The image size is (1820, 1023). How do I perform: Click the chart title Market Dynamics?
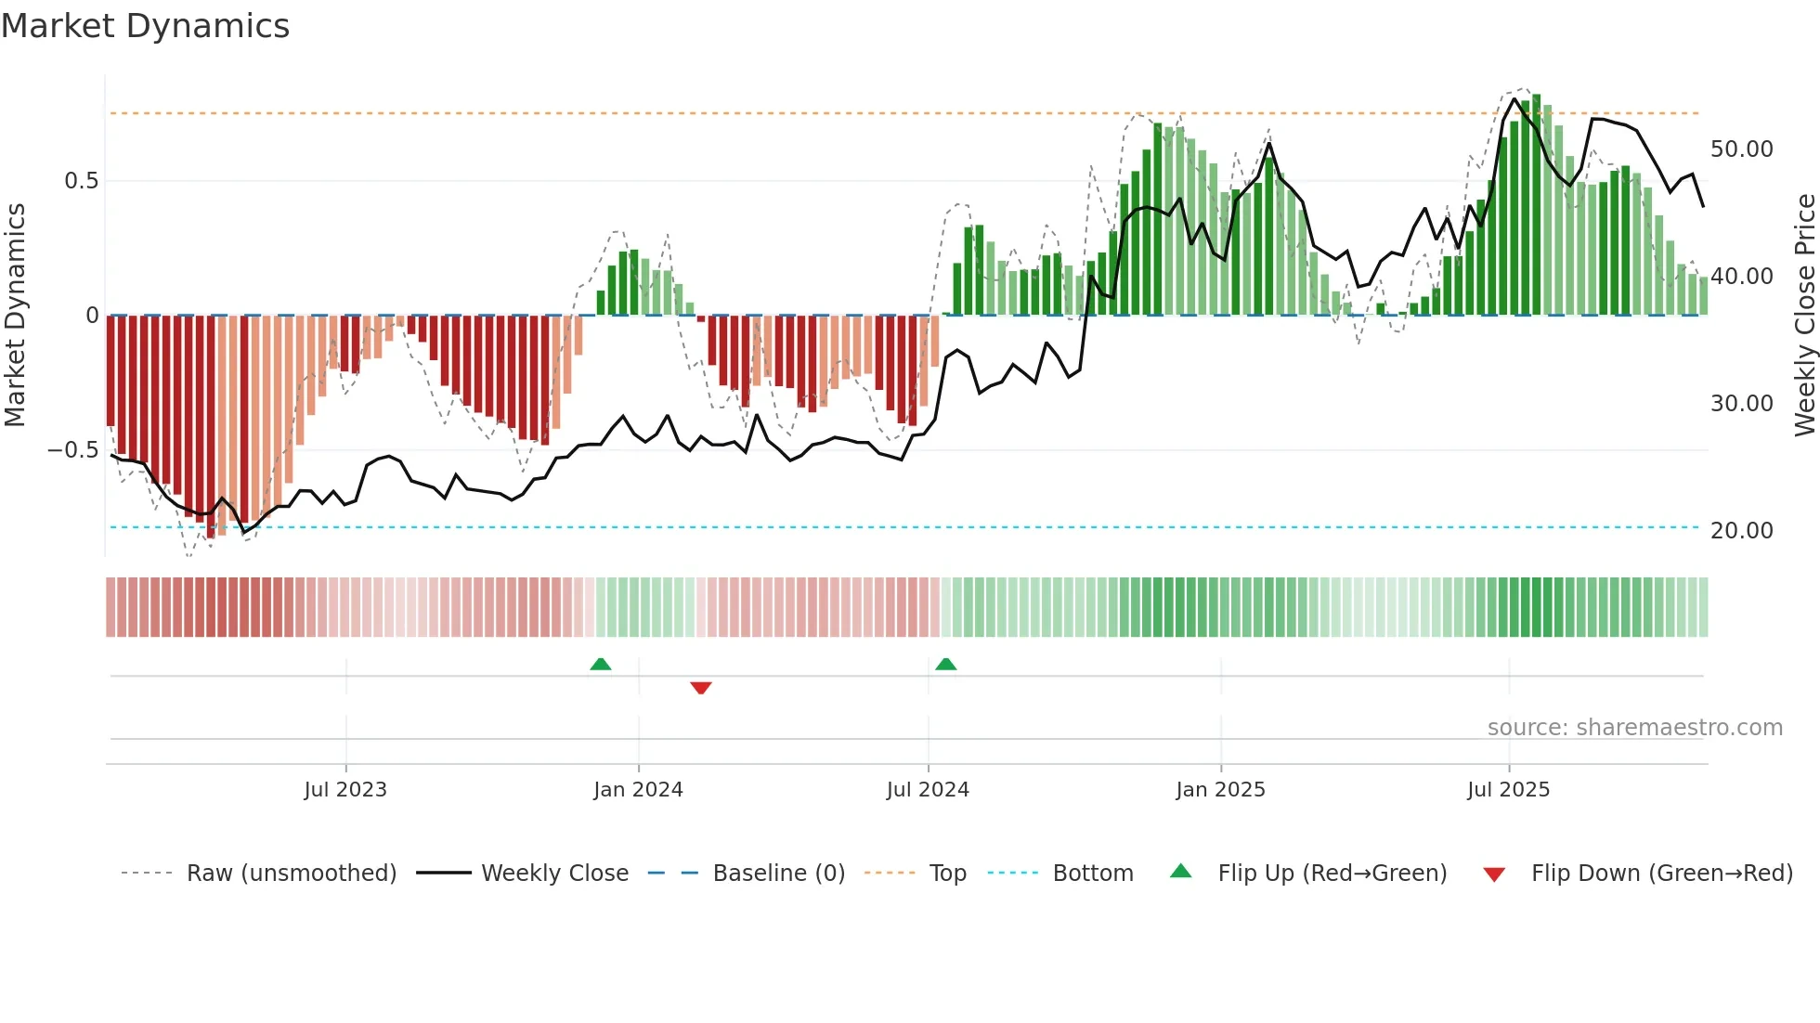pyautogui.click(x=146, y=26)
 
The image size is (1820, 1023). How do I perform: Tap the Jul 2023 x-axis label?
pyautogui.click(x=345, y=790)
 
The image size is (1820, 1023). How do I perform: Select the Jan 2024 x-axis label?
pyautogui.click(x=638, y=790)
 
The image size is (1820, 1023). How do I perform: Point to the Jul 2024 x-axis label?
pyautogui.click(x=928, y=790)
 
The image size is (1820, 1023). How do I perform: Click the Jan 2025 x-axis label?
pyautogui.click(x=1220, y=790)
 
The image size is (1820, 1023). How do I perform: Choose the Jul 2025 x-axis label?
pyautogui.click(x=1509, y=790)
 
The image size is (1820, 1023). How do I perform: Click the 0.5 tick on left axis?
pyautogui.click(x=81, y=181)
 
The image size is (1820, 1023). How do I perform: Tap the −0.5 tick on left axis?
pyautogui.click(x=73, y=450)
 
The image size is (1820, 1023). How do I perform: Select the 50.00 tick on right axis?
pyautogui.click(x=1741, y=149)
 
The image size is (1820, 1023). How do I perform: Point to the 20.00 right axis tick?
pyautogui.click(x=1741, y=531)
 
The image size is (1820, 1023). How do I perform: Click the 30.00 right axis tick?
pyautogui.click(x=1741, y=404)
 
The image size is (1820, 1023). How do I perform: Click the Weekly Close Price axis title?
pyautogui.click(x=1804, y=316)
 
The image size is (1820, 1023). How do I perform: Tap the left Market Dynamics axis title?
pyautogui.click(x=15, y=316)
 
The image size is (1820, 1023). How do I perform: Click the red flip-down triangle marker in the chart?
pyautogui.click(x=701, y=688)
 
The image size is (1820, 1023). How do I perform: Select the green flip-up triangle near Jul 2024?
pyautogui.click(x=945, y=664)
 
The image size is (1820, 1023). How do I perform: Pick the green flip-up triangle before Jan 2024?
pyautogui.click(x=601, y=664)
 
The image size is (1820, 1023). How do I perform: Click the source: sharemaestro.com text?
pyautogui.click(x=1634, y=728)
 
